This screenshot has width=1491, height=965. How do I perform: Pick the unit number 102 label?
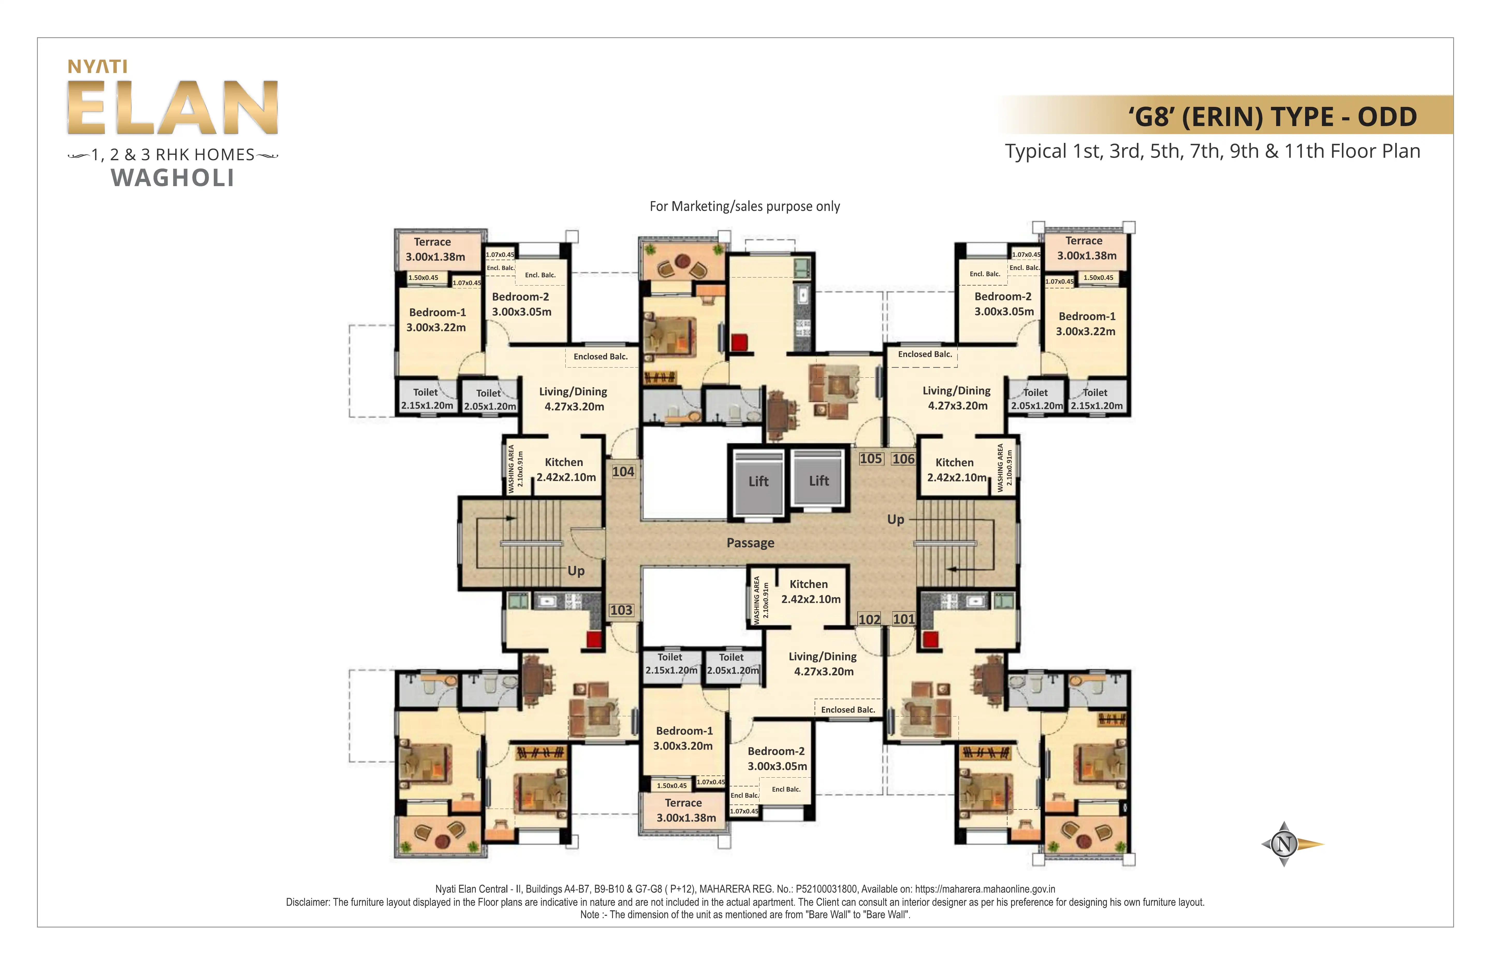point(869,619)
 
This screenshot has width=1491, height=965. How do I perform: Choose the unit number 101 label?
point(903,619)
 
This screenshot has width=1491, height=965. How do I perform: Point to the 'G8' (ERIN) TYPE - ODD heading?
point(1272,116)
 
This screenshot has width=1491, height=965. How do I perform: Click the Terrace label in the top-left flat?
point(432,242)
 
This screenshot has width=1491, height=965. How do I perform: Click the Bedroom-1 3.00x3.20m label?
point(683,738)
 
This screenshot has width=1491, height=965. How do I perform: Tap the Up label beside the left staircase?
point(576,571)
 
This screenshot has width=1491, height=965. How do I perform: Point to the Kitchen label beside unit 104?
point(564,462)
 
